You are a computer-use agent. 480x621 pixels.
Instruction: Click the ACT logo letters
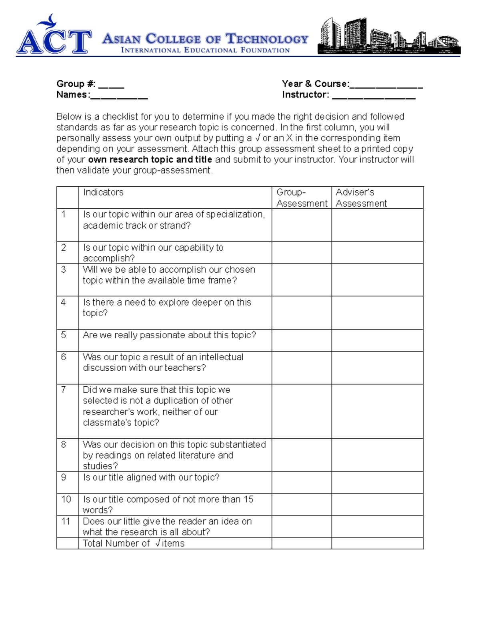pos(54,42)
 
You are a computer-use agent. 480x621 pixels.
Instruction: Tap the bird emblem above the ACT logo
pos(50,21)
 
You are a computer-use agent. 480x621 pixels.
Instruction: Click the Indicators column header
pos(103,192)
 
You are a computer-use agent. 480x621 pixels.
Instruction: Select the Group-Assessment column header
pos(302,198)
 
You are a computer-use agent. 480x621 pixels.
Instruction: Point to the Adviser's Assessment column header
pos(361,198)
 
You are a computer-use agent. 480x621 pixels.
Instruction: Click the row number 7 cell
pos(64,390)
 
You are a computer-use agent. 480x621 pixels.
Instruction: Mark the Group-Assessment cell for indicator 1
pos(302,225)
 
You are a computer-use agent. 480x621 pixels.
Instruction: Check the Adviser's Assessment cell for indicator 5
pos(377,340)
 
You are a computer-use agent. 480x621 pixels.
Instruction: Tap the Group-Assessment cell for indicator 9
pos(302,482)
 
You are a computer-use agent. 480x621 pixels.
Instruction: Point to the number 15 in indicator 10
pos(248,499)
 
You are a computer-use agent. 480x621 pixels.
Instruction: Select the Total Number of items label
pos(134,543)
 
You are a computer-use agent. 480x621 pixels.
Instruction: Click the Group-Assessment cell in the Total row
pos(302,543)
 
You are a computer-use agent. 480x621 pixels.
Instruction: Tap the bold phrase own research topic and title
pos(150,160)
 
